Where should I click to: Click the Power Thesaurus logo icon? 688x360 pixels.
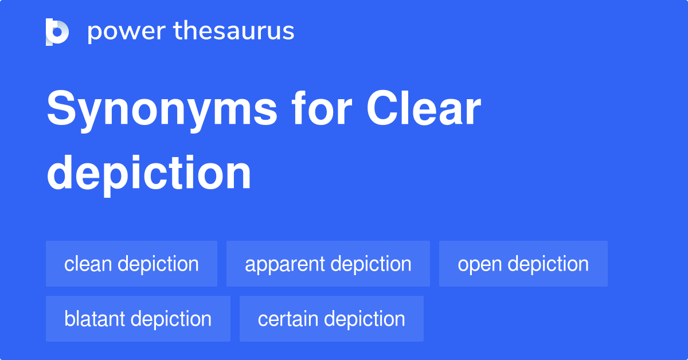pyautogui.click(x=57, y=32)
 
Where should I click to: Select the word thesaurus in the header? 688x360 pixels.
pyautogui.click(x=234, y=32)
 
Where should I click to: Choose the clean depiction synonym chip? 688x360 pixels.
pyautogui.click(x=131, y=264)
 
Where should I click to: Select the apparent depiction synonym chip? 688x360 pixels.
pyautogui.click(x=328, y=264)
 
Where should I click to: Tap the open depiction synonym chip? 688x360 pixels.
pyautogui.click(x=523, y=264)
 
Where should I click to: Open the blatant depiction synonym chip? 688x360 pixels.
pyautogui.click(x=138, y=319)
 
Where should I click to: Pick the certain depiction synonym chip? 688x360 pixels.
pyautogui.click(x=331, y=319)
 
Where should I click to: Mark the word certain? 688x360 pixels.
pyautogui.click(x=284, y=319)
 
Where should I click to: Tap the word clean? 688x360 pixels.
pyautogui.click(x=87, y=264)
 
